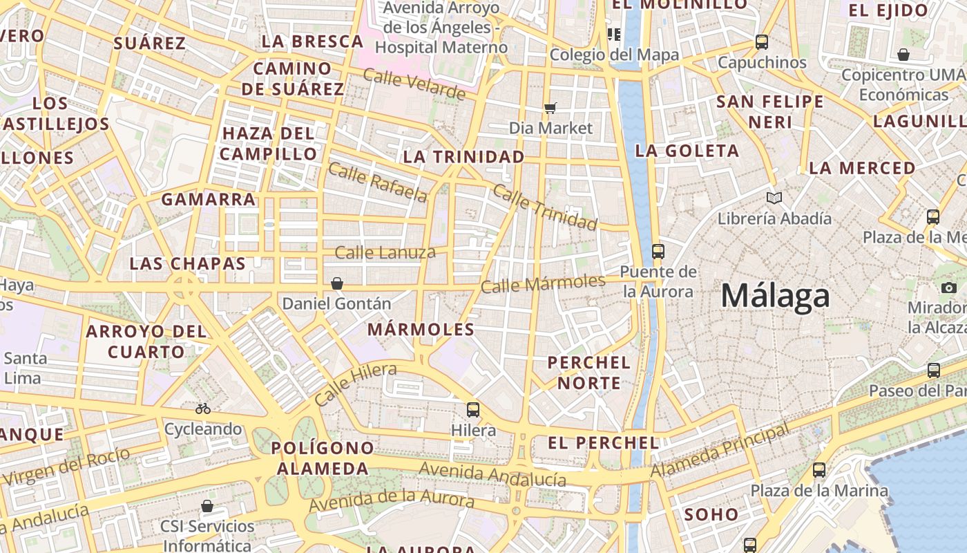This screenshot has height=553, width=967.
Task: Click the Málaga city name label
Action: (775, 296)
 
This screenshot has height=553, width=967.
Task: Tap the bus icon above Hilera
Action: (473, 410)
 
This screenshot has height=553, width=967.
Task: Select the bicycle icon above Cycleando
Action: (203, 409)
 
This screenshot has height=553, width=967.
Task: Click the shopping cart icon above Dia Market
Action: (550, 107)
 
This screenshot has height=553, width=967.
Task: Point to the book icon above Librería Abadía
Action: (775, 198)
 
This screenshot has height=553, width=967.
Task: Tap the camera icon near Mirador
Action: (949, 288)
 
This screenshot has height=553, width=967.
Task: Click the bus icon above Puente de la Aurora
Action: (658, 251)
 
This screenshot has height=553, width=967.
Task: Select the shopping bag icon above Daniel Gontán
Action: (337, 283)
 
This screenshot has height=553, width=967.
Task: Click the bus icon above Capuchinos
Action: (762, 42)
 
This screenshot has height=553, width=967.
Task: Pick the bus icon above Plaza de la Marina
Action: (819, 470)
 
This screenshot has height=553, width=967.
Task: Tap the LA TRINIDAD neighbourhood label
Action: (463, 157)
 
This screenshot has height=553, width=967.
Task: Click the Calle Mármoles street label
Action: (543, 283)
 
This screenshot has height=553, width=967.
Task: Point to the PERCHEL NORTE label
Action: (589, 373)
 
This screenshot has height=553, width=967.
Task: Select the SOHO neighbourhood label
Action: (711, 514)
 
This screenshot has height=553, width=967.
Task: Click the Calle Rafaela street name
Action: (378, 182)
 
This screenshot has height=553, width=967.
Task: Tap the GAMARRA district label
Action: (209, 200)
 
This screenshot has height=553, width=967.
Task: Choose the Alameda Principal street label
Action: (720, 451)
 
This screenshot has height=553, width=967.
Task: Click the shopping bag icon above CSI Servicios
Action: (207, 507)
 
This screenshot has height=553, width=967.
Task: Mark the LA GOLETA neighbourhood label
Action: (687, 151)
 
